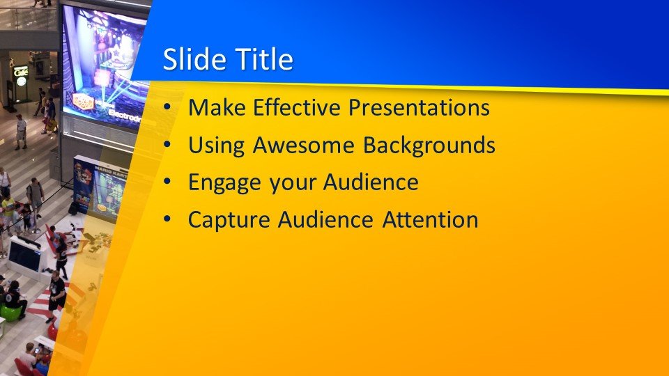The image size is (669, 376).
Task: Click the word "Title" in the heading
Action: (x=264, y=58)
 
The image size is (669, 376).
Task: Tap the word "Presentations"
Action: (x=419, y=107)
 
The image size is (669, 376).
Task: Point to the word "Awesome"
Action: (x=303, y=145)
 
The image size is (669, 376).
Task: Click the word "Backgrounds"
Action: (x=429, y=146)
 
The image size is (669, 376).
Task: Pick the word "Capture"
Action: (x=229, y=221)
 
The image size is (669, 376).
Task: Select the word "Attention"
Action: (x=430, y=219)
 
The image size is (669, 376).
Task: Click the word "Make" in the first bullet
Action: (x=217, y=107)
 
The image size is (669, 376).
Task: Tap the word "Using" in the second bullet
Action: (x=216, y=146)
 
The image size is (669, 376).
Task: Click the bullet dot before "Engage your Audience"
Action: (x=167, y=182)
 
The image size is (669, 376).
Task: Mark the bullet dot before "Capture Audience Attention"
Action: (x=167, y=219)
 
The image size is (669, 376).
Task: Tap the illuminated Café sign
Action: (x=20, y=71)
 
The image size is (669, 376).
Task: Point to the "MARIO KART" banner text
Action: (x=109, y=171)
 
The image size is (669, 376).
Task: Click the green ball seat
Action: (x=10, y=313)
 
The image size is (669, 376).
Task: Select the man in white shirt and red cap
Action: (x=20, y=132)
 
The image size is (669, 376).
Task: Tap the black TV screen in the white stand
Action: (x=25, y=256)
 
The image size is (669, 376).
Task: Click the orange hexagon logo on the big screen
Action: (x=83, y=102)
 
